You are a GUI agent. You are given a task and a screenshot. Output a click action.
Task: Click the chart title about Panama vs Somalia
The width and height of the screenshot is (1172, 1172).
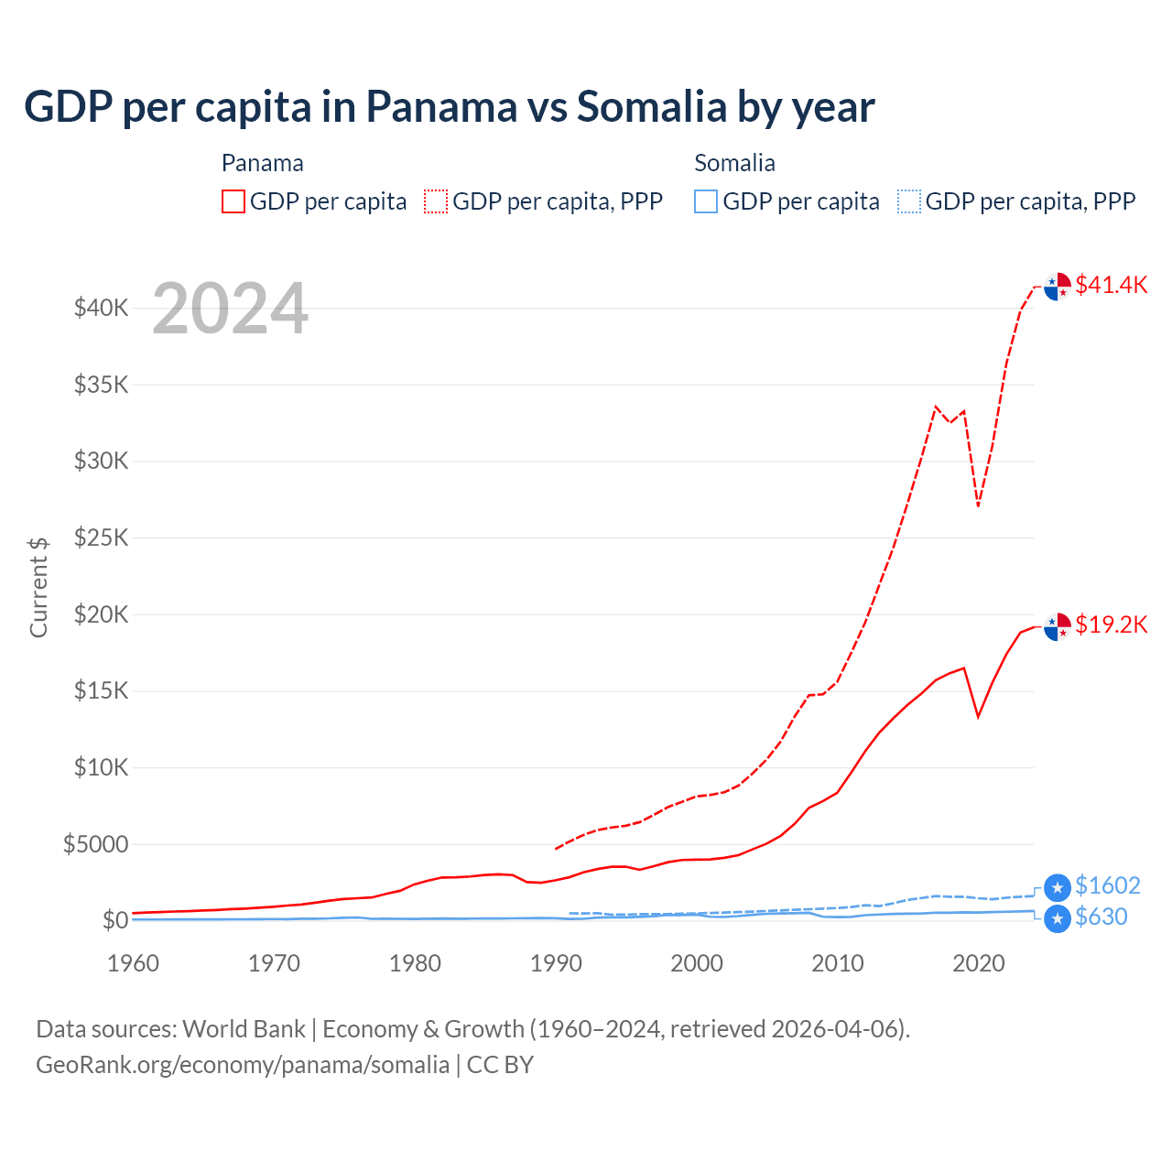[x=449, y=107]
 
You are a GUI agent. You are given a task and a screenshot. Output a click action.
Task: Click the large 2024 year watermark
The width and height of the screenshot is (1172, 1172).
[x=230, y=309]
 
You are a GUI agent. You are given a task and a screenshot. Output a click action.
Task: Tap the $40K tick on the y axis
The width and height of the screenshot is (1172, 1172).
[x=102, y=308]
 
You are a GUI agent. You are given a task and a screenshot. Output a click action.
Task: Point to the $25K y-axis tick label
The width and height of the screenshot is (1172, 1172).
[x=102, y=537]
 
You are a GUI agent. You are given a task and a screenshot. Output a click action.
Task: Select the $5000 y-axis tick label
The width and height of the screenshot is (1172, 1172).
[x=96, y=843]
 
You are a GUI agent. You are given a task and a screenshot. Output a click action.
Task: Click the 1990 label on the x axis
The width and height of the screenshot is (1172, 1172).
[x=556, y=963]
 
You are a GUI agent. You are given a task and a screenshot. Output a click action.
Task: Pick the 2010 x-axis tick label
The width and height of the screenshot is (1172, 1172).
[x=838, y=963]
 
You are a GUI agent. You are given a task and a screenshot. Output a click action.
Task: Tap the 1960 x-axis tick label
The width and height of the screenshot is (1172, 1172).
[x=134, y=963]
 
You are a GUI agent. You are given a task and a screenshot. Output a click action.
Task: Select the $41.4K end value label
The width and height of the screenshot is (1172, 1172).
[x=1111, y=285]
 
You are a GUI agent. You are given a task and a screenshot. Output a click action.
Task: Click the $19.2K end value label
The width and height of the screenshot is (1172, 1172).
[x=1111, y=624]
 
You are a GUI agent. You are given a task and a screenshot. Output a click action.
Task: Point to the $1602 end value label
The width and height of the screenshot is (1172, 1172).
[x=1107, y=885]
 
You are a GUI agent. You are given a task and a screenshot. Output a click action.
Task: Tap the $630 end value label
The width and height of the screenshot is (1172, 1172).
[x=1101, y=917]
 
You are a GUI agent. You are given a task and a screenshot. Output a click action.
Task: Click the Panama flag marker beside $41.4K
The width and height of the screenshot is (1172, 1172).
[x=1058, y=287]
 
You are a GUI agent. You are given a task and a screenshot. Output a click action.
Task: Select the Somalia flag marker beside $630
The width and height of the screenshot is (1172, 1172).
[x=1058, y=919]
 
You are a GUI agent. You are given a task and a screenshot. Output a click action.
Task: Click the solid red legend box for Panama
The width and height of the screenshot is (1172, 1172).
[x=233, y=201]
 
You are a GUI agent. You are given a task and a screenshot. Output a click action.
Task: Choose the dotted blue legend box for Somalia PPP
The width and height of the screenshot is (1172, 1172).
[x=909, y=201]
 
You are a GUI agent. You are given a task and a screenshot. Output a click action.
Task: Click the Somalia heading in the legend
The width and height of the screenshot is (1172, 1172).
[x=734, y=163]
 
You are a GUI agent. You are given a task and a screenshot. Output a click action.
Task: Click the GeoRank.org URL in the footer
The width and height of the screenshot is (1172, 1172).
[x=243, y=1065]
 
